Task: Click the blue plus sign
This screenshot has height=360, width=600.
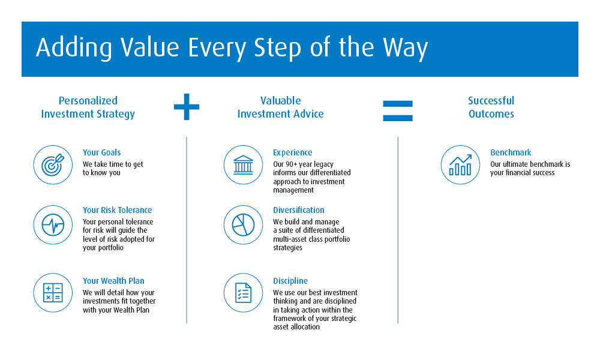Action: point(187,107)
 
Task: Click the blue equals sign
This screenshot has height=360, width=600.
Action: point(398,111)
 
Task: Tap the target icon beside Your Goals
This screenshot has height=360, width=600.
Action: point(53,165)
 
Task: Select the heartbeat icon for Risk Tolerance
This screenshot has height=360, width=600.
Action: point(53,225)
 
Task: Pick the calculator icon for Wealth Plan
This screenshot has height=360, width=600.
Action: point(53,293)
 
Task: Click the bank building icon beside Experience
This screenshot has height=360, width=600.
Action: point(243,165)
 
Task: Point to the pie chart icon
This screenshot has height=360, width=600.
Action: point(243,225)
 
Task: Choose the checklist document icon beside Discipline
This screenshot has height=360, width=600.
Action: point(243,293)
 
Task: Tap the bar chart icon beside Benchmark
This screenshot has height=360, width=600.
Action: point(460,165)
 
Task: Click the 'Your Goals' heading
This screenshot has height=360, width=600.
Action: point(102,152)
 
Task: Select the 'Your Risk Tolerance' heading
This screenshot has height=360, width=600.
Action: point(118,210)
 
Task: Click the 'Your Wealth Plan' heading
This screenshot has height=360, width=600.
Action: point(113,281)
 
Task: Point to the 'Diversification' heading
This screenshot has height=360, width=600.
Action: point(298,210)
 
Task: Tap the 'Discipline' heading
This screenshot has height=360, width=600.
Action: point(290,281)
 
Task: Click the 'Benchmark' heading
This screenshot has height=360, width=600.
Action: point(511,152)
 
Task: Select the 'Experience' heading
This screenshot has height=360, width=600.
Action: point(292,152)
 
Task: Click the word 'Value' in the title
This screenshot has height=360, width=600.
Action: point(149,47)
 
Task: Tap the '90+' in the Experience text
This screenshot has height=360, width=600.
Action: point(292,164)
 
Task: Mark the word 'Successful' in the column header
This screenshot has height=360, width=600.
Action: point(491,101)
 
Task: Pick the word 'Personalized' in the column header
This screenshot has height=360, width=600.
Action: point(88,101)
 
